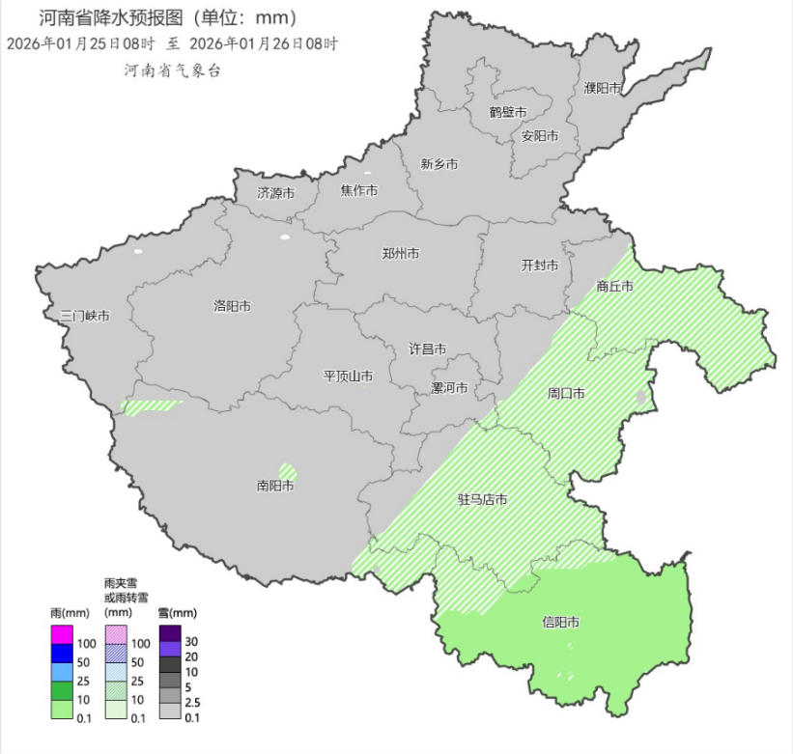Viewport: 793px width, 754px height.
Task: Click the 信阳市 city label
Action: pos(560,623)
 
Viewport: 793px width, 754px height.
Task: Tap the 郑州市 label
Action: pos(400,254)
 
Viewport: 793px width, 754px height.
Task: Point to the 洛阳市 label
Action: pos(232,306)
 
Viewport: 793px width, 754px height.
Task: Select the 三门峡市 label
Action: pos(84,316)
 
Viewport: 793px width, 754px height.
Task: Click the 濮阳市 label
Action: pos(602,88)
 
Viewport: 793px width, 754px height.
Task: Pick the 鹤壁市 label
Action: pos(508,112)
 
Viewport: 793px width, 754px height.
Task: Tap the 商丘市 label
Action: pos(614,286)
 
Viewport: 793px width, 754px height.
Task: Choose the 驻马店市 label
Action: pos(482,500)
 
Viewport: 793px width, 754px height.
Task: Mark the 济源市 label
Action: pos(275,193)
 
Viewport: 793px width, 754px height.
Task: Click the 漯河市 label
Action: pos(449,388)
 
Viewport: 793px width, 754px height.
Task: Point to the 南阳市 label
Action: pos(275,486)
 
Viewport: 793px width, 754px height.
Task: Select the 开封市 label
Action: pos(540,265)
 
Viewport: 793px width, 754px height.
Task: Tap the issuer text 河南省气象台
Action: pos(172,70)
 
